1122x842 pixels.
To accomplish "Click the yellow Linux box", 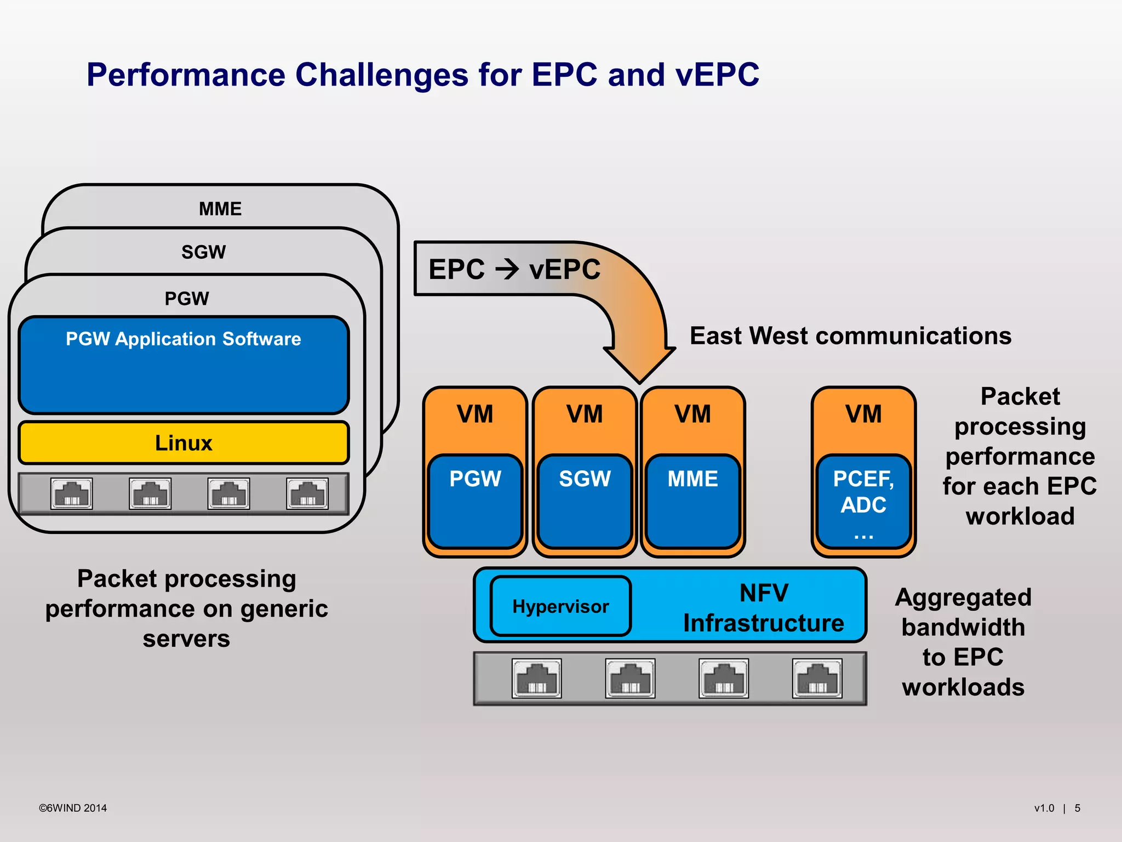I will pos(184,442).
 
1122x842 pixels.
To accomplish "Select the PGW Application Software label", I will pos(184,339).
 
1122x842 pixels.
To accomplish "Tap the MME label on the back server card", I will pos(220,209).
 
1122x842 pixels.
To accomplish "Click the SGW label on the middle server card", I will pos(203,252).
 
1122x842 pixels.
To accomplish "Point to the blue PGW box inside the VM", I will pos(475,500).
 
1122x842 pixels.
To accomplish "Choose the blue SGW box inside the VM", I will pos(585,500).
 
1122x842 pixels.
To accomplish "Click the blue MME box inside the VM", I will pos(692,500).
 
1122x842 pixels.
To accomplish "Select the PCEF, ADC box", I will pos(863,500).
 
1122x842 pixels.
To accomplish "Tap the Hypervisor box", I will pos(560,606).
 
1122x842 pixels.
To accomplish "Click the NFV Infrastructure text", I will pos(763,608).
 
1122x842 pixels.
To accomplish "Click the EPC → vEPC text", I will pos(514,269).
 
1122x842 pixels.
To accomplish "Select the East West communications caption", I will pos(850,335).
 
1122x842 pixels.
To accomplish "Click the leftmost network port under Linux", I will pos(72,493).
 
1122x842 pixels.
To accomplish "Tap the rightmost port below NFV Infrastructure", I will pos(817,678).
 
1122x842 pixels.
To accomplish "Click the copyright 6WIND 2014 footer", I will pos(73,808).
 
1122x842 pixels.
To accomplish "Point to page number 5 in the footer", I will pos(1077,808).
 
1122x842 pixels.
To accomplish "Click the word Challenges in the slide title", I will pos(382,75).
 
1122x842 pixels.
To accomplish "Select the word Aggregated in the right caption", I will pos(963,598).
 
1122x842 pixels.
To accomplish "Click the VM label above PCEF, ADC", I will pos(863,414).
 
